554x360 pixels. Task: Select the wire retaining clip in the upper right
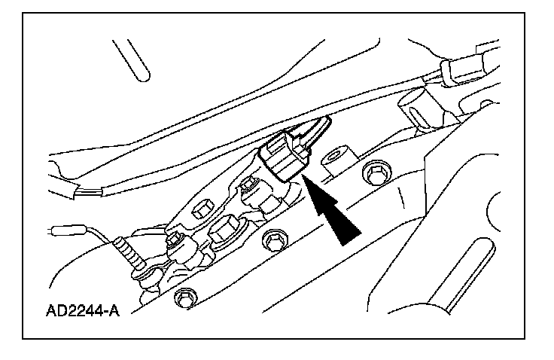(446, 69)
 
